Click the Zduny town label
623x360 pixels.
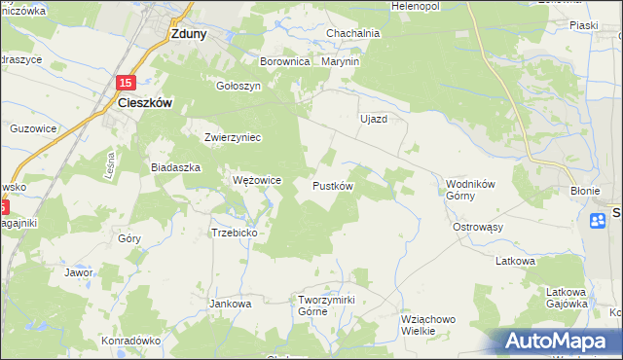coord(187,32)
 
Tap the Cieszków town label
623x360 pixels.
coord(145,102)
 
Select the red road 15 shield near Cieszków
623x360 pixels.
coord(128,84)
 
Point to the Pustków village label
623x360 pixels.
coord(332,185)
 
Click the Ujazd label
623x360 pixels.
coord(374,119)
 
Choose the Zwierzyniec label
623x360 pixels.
coord(233,137)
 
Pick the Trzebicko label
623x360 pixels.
coord(234,233)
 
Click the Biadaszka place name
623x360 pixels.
coord(175,167)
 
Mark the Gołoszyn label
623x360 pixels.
coord(239,85)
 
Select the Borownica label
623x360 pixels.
coord(284,61)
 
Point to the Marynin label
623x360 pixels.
coord(340,61)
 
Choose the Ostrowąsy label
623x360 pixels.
coord(478,227)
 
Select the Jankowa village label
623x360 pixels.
coord(231,304)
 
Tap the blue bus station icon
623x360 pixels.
coord(598,222)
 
